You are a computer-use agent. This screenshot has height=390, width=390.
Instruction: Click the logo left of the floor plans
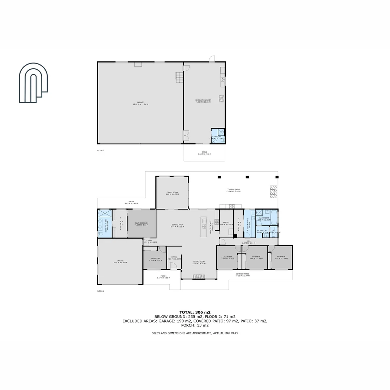pos(34,83)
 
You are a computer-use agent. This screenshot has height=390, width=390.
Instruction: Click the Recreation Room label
pos(203,100)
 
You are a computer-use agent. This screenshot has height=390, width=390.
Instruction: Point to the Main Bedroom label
pos(142,224)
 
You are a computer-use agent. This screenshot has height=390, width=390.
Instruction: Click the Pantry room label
pos(226,223)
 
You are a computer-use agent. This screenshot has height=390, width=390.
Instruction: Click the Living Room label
pos(199,262)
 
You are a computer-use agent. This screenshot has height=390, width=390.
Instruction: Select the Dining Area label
pos(177,225)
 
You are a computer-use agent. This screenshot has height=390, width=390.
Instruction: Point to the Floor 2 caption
pos(101,151)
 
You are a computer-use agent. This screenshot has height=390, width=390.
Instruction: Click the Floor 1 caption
pos(100,291)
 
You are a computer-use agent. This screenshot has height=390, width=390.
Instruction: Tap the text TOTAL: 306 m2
pos(195,312)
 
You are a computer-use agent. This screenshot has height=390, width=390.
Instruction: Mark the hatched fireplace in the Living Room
pos(199,277)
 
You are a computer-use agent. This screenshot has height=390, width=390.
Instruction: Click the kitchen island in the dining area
pos(204,227)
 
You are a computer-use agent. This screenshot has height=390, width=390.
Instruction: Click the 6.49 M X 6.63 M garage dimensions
pos(120,263)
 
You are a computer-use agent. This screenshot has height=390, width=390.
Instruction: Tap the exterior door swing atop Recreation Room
pos(212,59)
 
